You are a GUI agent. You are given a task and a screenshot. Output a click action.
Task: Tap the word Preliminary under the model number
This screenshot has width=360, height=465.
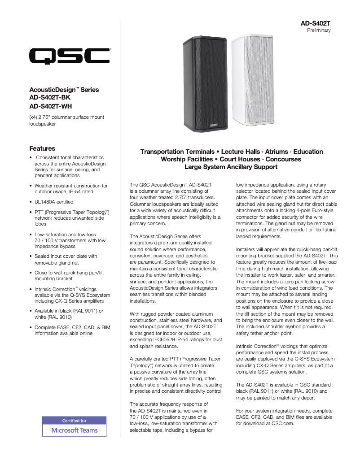pos(319,30)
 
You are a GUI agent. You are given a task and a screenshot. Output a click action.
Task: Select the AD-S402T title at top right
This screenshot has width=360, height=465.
pos(316,23)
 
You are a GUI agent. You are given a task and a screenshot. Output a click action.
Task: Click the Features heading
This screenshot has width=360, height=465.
pos(42,148)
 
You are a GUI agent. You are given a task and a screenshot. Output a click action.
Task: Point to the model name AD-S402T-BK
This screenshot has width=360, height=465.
pos(50,98)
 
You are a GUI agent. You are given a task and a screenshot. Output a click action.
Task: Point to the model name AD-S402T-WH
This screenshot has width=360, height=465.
pos(50,106)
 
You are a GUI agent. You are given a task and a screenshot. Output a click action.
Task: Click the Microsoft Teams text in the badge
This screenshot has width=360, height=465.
pos(74,430)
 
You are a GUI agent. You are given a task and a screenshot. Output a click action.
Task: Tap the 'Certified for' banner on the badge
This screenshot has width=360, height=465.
pos(74,421)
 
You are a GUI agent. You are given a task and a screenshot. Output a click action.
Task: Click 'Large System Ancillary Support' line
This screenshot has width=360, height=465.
pos(231,167)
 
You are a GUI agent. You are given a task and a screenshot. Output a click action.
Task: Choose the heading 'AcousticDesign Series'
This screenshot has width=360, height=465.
pos(64,90)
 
